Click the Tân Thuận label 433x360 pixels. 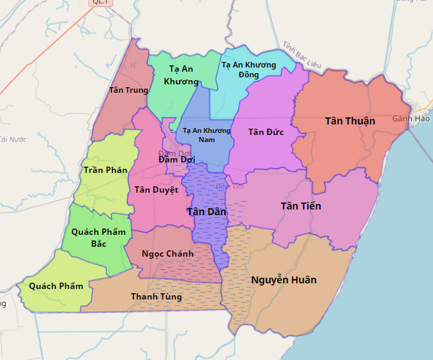pyautogui.click(x=350, y=121)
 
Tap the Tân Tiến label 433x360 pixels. pyautogui.click(x=300, y=206)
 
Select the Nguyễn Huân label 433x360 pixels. pyautogui.click(x=283, y=280)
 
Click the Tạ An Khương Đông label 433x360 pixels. pyautogui.click(x=249, y=70)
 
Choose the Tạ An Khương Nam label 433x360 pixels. pyautogui.click(x=206, y=135)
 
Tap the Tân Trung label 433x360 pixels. pyautogui.click(x=129, y=90)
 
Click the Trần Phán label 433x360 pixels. pyautogui.click(x=105, y=170)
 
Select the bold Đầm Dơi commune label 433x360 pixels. pyautogui.click(x=176, y=160)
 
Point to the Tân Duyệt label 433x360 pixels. pyautogui.click(x=156, y=190)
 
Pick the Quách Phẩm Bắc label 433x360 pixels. pyautogui.click(x=98, y=238)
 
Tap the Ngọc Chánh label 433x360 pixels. pyautogui.click(x=167, y=254)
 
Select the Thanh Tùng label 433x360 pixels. pyautogui.click(x=156, y=297)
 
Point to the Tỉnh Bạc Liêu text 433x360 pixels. pyautogui.click(x=302, y=55)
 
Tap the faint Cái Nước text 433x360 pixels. pyautogui.click(x=12, y=140)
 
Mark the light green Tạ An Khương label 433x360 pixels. pyautogui.click(x=181, y=75)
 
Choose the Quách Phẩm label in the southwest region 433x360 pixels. pyautogui.click(x=56, y=286)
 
